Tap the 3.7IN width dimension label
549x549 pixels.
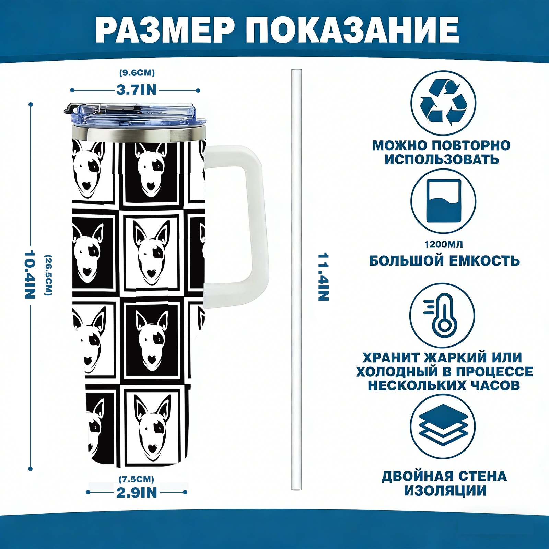pyautogui.click(x=137, y=90)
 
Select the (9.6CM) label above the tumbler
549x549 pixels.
pyautogui.click(x=137, y=73)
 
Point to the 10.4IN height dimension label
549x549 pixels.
pyautogui.click(x=30, y=274)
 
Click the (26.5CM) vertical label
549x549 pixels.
pyautogui.click(x=48, y=275)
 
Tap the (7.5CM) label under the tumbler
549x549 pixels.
pyautogui.click(x=137, y=479)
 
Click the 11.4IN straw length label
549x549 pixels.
pyautogui.click(x=323, y=277)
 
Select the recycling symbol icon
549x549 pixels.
pyautogui.click(x=443, y=103)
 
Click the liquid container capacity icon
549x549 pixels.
pyautogui.click(x=443, y=201)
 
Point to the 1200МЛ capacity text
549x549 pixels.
pyautogui.click(x=443, y=244)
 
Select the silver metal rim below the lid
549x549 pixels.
pyautogui.click(x=139, y=134)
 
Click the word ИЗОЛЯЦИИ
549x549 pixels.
pyautogui.click(x=445, y=491)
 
